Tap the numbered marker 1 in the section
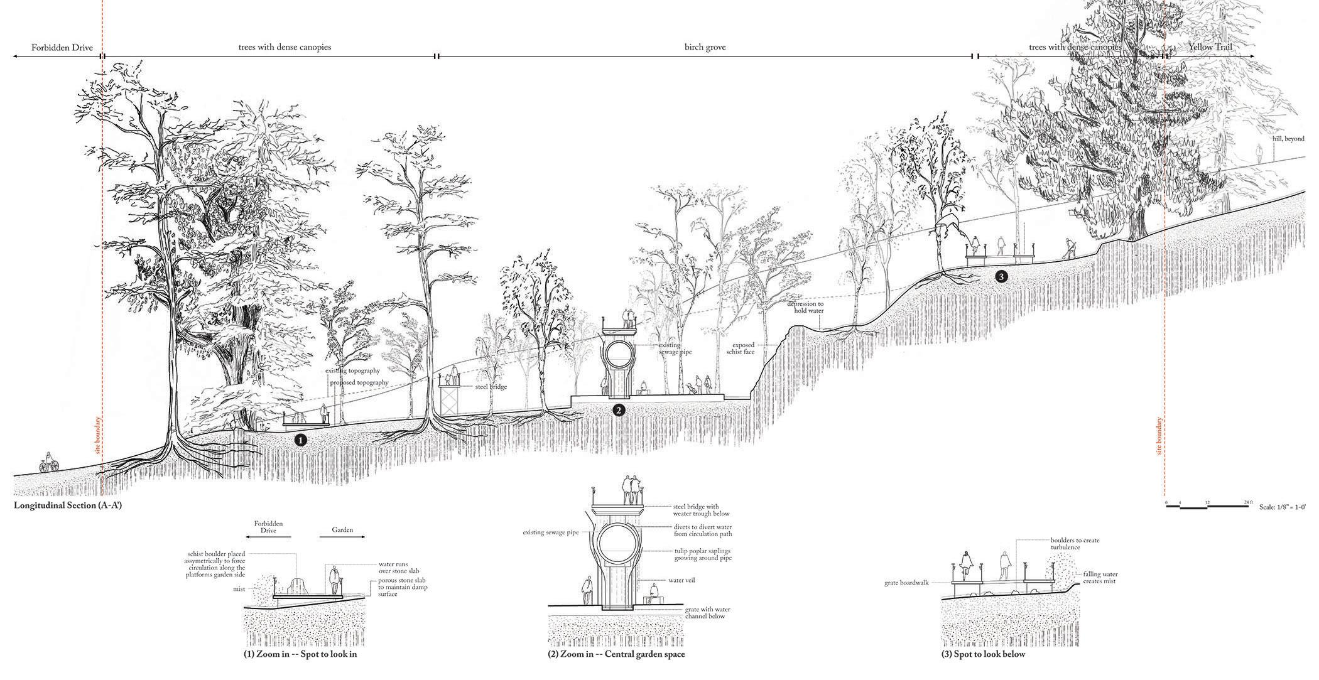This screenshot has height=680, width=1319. click(x=301, y=441)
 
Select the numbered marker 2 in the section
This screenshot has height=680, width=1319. click(x=619, y=410)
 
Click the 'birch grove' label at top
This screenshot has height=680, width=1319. click(x=705, y=47)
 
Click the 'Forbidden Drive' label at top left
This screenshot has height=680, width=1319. click(x=53, y=47)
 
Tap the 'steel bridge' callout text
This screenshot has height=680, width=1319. click(x=491, y=387)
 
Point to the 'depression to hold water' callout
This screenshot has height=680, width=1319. click(x=805, y=307)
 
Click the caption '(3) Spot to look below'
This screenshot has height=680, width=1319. click(x=983, y=654)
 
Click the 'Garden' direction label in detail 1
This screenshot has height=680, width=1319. click(x=340, y=530)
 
